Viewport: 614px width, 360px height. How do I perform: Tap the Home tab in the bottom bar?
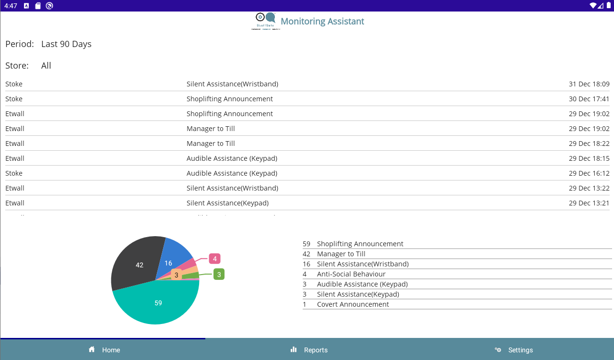104,350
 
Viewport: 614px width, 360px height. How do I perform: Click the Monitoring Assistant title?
322,22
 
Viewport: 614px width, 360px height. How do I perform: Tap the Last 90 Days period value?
66,44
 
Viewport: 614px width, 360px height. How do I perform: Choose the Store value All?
46,66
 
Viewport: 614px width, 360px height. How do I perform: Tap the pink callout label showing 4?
214,259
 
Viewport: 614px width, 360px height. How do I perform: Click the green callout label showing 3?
219,275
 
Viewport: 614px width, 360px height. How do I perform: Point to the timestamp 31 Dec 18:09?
589,84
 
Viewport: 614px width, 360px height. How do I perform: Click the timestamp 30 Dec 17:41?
589,99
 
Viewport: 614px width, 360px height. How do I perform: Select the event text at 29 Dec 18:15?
232,158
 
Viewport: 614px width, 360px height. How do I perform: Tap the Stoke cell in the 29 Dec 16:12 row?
14,173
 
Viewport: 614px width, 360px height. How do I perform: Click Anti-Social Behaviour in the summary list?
351,274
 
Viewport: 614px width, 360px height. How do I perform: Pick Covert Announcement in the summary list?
353,304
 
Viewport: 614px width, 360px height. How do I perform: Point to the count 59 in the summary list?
307,244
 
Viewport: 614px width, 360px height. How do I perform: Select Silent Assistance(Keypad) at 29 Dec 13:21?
227,203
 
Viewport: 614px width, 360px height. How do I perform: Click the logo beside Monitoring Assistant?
265,21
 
